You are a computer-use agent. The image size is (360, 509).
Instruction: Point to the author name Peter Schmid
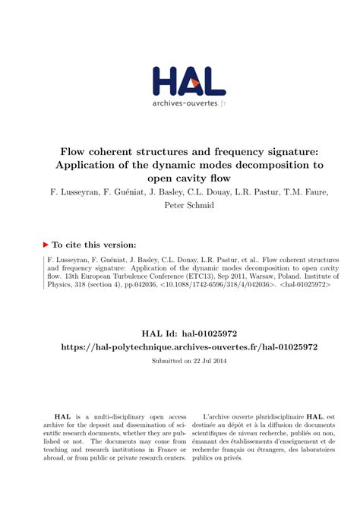[179, 205]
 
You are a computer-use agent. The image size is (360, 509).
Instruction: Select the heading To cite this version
[94, 245]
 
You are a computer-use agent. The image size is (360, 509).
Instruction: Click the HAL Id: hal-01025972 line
[179, 332]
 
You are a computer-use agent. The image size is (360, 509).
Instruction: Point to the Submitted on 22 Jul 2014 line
[179, 360]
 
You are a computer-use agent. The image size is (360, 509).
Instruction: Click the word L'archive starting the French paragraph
[220, 416]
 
